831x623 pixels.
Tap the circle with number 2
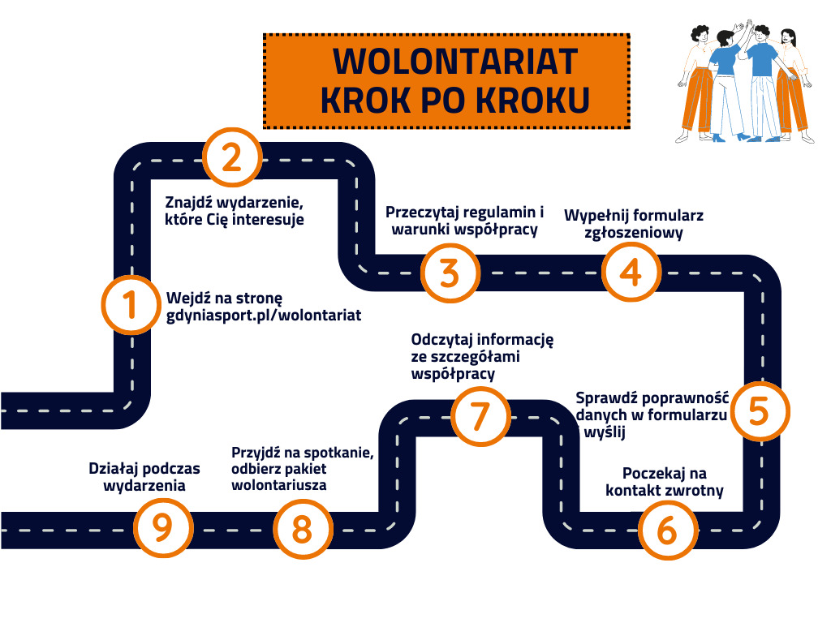(231, 157)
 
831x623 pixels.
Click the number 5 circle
(758, 410)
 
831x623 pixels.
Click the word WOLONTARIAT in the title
(455, 62)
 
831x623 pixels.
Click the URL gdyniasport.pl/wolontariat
(264, 315)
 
